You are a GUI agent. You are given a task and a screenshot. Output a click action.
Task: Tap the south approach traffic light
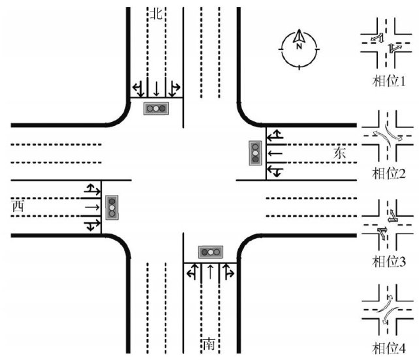click(x=210, y=252)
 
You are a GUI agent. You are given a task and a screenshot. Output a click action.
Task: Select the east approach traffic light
click(x=255, y=153)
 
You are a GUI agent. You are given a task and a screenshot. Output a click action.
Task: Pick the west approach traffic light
click(x=112, y=206)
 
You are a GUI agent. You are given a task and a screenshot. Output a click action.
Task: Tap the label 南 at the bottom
click(x=209, y=344)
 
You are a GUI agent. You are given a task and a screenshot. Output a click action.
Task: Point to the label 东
click(x=340, y=153)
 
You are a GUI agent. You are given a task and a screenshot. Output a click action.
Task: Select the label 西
click(x=18, y=207)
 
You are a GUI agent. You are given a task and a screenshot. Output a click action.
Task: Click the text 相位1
click(x=389, y=83)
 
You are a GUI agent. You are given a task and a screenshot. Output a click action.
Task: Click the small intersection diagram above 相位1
click(x=388, y=44)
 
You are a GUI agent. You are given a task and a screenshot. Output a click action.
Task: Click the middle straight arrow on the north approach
click(x=157, y=87)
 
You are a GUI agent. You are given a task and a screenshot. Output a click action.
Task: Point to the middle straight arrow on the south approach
click(x=209, y=272)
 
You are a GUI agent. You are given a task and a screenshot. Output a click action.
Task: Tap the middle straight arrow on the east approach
click(x=277, y=153)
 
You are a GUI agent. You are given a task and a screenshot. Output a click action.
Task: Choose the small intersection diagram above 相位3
click(x=388, y=225)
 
